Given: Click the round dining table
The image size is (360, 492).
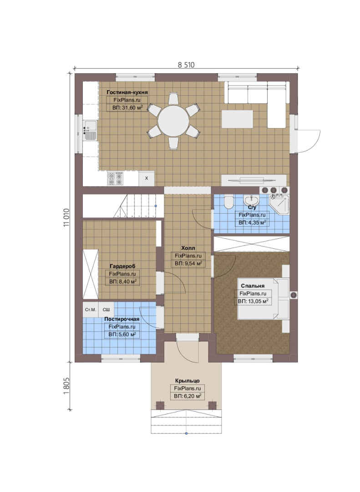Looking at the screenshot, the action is point(173,121).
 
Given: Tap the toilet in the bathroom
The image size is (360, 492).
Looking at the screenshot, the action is point(229,202).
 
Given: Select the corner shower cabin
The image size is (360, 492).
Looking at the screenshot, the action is point(279,205).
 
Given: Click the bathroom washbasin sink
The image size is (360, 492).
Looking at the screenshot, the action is point(252,200).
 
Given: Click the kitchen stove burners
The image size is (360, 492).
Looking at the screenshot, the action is point(116,179).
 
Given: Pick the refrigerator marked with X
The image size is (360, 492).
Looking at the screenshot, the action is point(147,178).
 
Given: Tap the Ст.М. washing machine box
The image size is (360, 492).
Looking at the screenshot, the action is point(91,310).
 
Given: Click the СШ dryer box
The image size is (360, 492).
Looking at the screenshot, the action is point(106,310).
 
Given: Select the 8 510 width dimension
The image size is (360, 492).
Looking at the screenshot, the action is point(186,65).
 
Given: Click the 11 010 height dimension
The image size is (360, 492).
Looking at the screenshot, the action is point(66,217).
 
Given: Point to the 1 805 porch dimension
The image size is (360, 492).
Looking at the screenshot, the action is point(66,386).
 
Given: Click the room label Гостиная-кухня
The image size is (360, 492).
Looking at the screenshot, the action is point(127,92).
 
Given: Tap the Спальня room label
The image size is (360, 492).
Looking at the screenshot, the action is point(253,286).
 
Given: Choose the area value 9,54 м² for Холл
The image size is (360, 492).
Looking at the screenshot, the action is point(188,264).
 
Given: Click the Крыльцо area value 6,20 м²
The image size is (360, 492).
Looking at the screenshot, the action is point(188,396).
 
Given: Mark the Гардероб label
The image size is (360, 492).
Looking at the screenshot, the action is point(122,266).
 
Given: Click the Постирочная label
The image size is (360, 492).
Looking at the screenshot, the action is point(122,319).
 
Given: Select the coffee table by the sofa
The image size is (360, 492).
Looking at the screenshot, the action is point(238,119).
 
